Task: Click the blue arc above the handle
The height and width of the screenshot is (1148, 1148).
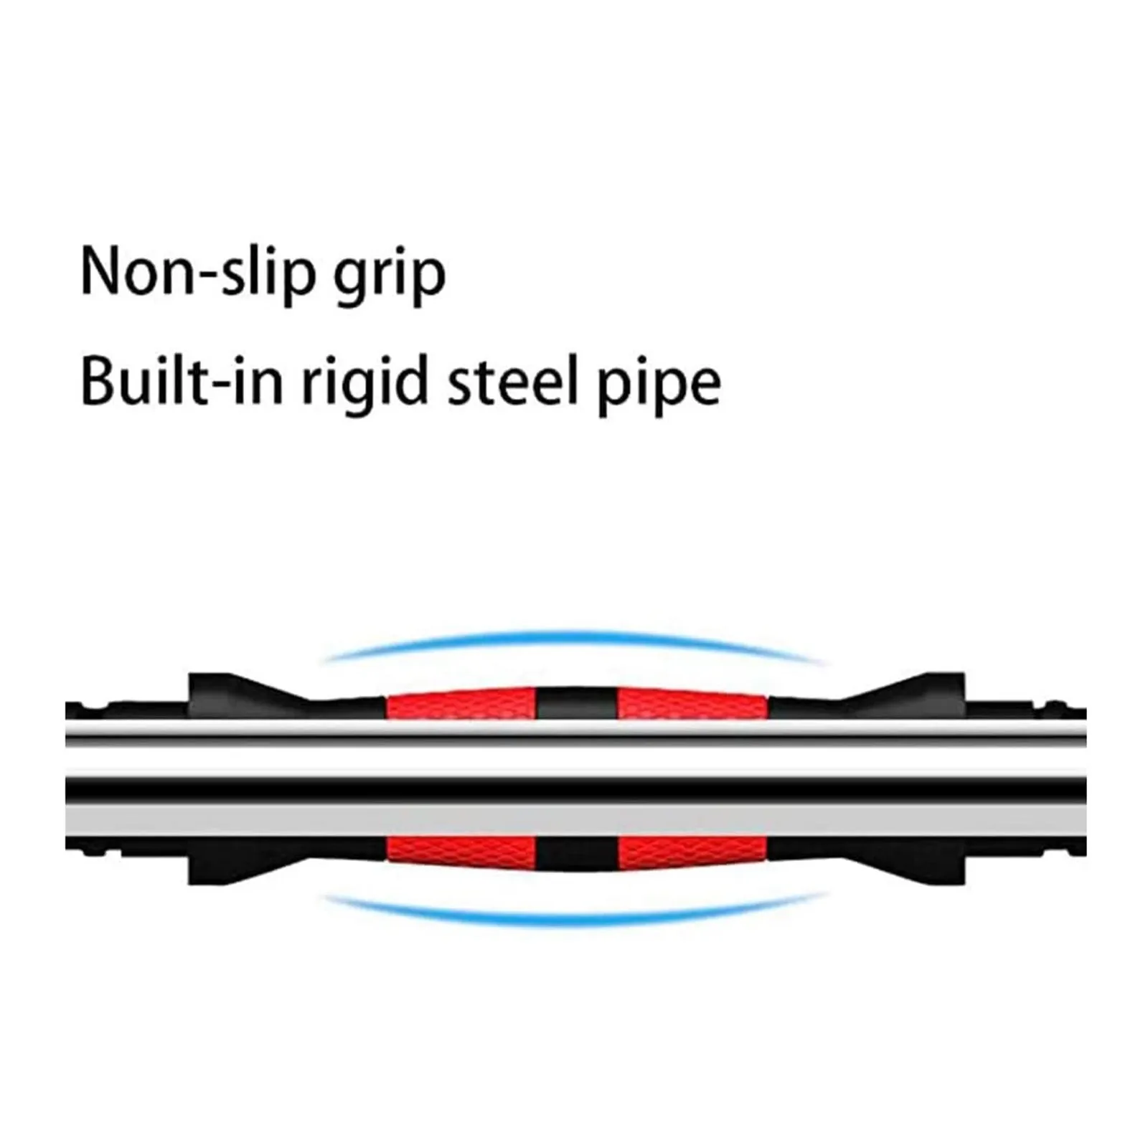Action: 574,638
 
